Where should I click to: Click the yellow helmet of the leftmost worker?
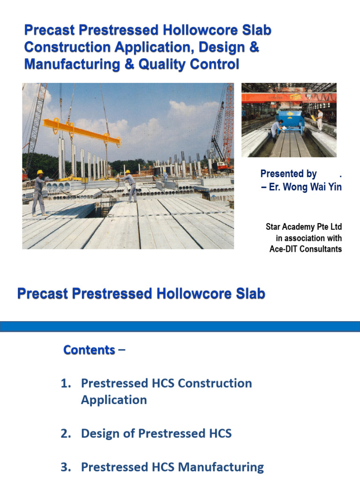[40, 172]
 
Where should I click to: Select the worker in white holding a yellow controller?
[320, 120]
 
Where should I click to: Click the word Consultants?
[322, 249]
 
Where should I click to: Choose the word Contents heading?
[89, 350]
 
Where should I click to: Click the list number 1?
[65, 383]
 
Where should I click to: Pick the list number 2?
[65, 434]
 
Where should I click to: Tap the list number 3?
[65, 467]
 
